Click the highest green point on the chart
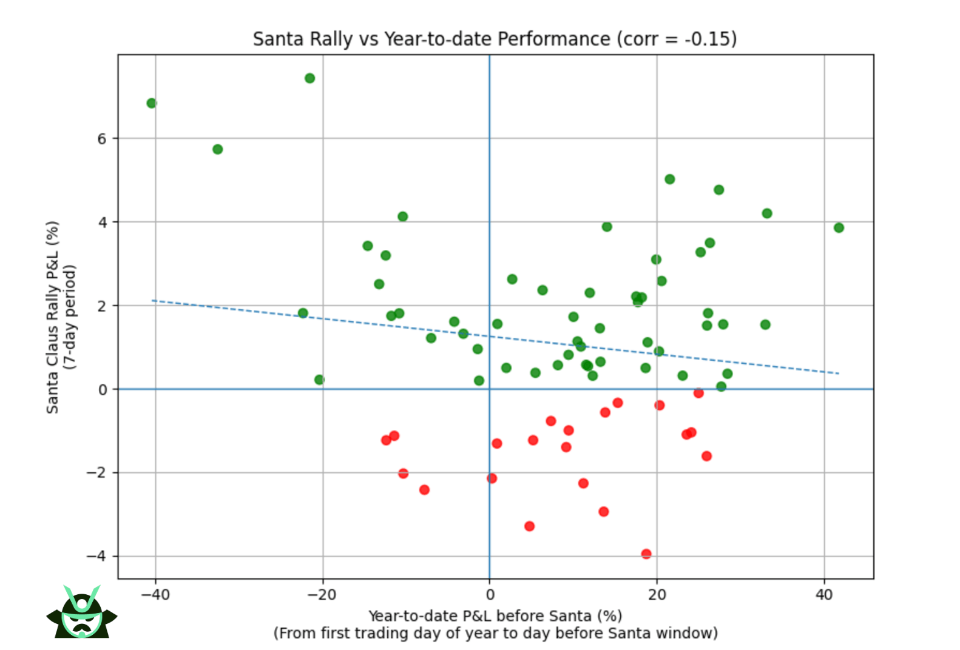(x=309, y=78)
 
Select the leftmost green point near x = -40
(x=152, y=103)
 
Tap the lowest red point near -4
(x=646, y=554)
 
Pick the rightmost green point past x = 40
(x=839, y=228)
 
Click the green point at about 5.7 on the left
(x=218, y=149)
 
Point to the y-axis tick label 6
(x=101, y=139)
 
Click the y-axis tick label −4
(x=97, y=556)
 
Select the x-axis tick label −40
(x=155, y=595)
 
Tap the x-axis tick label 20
(x=657, y=595)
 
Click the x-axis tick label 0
(x=490, y=595)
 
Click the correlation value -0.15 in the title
(x=708, y=39)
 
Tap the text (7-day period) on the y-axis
(x=71, y=317)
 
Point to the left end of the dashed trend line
(x=153, y=300)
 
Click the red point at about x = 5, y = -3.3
(x=529, y=526)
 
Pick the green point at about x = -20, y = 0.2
(x=319, y=380)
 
